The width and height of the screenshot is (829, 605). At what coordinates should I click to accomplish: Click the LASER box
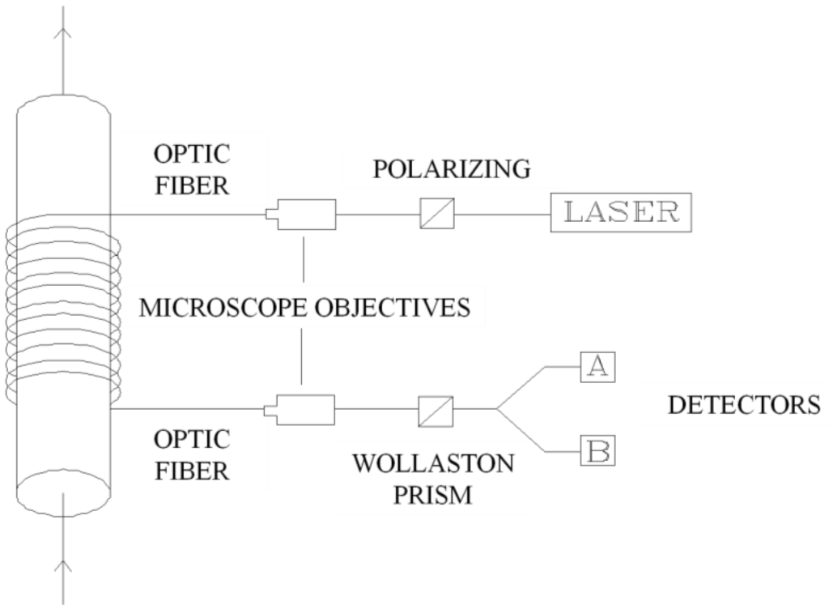622,212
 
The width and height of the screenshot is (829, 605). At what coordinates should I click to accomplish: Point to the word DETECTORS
743,404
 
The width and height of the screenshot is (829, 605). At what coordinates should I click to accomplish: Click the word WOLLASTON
433,465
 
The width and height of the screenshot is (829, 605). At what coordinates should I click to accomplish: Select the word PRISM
432,493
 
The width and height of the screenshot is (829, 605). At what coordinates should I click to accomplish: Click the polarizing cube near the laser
437,214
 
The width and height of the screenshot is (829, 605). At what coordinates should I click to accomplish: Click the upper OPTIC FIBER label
192,169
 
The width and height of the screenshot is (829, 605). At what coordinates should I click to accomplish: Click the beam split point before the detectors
497,410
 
